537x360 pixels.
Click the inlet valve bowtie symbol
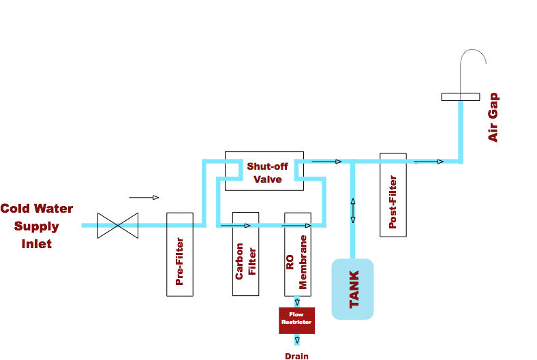[117, 225]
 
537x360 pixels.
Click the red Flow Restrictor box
[296, 320]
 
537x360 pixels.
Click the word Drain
[296, 355]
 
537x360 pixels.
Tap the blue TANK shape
[352, 289]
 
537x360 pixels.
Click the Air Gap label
[493, 117]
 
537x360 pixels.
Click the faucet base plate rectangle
[460, 96]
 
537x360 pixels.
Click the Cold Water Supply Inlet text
[36, 226]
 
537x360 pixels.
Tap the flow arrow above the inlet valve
[144, 198]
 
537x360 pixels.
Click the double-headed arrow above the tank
[352, 210]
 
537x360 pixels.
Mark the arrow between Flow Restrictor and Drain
[296, 339]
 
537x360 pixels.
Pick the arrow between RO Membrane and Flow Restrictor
[296, 301]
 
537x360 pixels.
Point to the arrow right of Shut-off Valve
[327, 162]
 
